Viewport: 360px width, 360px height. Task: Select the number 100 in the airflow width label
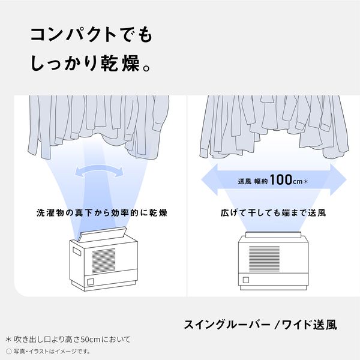click(281, 179)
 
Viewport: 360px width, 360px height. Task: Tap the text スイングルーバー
click(226, 326)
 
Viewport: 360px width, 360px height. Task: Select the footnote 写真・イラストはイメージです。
click(50, 350)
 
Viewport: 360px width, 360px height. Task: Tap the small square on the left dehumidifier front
click(89, 281)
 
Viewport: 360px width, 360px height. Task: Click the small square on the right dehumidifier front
click(246, 280)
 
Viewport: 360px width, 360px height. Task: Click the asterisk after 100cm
click(306, 179)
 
